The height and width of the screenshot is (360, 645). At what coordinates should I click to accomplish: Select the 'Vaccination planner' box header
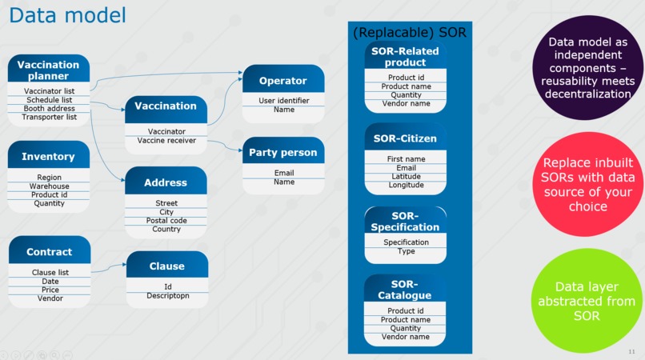point(49,70)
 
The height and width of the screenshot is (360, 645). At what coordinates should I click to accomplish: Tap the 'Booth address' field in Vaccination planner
point(49,108)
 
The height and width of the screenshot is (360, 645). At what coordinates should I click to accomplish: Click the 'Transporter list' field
point(49,117)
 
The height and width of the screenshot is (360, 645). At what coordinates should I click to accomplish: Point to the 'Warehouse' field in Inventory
point(49,186)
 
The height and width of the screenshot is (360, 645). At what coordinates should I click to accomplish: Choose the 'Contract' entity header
point(49,251)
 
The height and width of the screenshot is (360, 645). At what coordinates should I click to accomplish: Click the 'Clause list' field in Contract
point(49,272)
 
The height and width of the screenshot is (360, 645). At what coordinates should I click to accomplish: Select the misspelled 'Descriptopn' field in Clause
point(166,295)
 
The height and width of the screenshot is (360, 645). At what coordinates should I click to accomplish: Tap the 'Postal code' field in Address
point(166,220)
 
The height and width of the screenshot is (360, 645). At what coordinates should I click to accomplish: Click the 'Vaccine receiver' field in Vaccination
point(166,141)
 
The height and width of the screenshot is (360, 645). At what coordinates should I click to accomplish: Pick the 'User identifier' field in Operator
point(283,101)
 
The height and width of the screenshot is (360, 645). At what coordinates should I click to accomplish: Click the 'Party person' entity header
point(283,152)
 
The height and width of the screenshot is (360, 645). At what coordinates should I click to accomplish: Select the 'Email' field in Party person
point(283,173)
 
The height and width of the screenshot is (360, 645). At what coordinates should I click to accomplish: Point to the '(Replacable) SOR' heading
point(409,32)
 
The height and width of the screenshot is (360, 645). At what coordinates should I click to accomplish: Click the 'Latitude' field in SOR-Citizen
point(406,176)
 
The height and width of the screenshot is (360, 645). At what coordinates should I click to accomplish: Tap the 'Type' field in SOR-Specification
point(406,251)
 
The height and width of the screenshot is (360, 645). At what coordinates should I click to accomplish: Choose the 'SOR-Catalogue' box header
point(406,290)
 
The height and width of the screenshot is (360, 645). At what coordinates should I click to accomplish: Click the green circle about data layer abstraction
point(588,301)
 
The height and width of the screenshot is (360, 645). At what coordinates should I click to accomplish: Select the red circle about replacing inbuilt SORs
point(588,184)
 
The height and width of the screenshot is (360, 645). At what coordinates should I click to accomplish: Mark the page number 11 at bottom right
point(631,351)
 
